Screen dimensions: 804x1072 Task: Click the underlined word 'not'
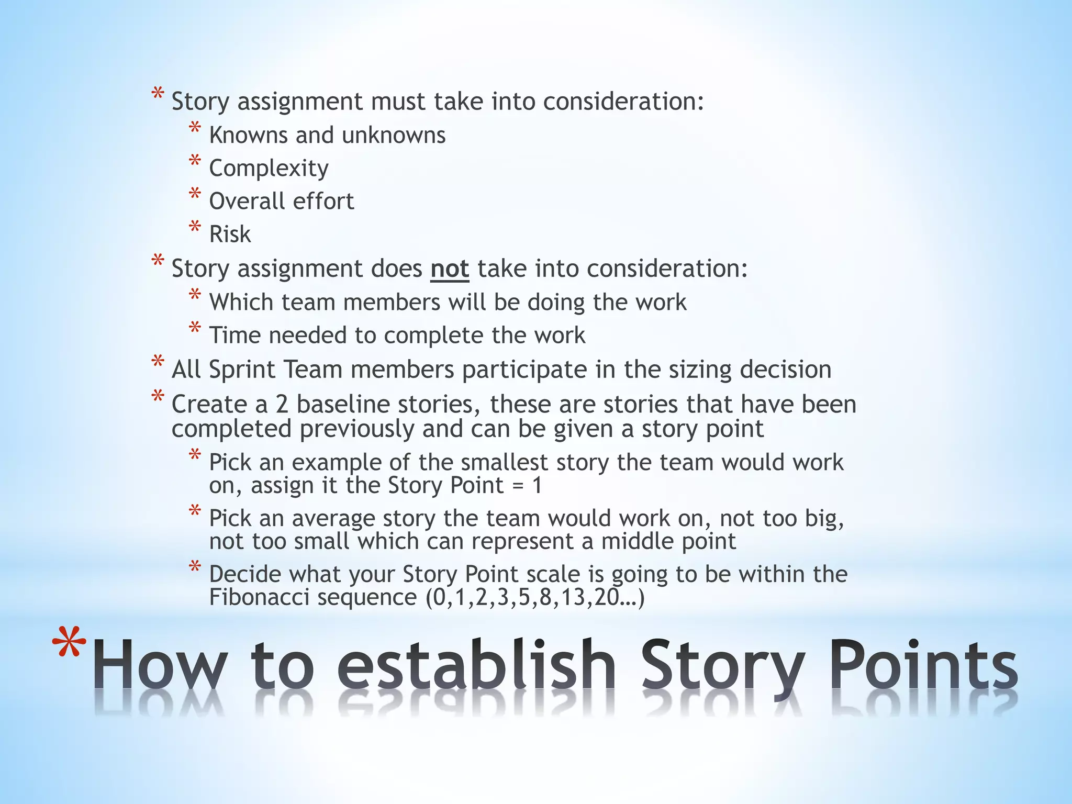tap(450, 269)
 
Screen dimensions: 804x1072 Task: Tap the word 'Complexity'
tap(269, 169)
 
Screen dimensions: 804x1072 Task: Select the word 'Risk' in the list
tap(230, 234)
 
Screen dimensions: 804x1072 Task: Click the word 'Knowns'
tap(249, 135)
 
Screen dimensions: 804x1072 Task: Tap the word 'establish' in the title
tap(476, 665)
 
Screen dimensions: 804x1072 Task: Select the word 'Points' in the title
tap(923, 665)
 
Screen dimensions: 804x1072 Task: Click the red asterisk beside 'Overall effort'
tap(195, 195)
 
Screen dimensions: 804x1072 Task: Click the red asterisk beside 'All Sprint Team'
tap(157, 363)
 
